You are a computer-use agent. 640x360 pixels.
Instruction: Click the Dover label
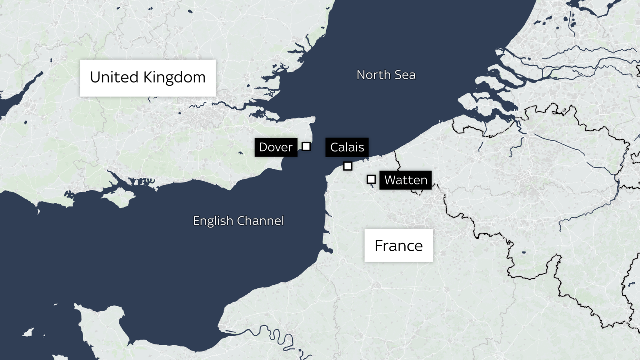276,147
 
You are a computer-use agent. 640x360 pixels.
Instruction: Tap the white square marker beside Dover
306,146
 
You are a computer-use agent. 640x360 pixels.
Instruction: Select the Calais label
347,147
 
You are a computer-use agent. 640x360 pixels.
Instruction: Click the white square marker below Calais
348,166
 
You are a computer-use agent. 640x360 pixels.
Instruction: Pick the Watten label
405,180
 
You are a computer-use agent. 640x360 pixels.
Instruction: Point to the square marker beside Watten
371,179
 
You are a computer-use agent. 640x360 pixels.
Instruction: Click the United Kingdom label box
148,78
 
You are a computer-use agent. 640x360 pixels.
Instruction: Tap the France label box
399,246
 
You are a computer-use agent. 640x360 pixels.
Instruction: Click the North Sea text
386,75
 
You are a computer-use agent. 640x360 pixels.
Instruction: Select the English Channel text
238,221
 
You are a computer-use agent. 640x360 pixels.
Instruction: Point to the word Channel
261,221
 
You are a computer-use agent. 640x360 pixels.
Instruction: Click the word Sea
405,75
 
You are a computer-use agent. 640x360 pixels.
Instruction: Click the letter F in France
379,246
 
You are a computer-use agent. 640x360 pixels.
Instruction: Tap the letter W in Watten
389,180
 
